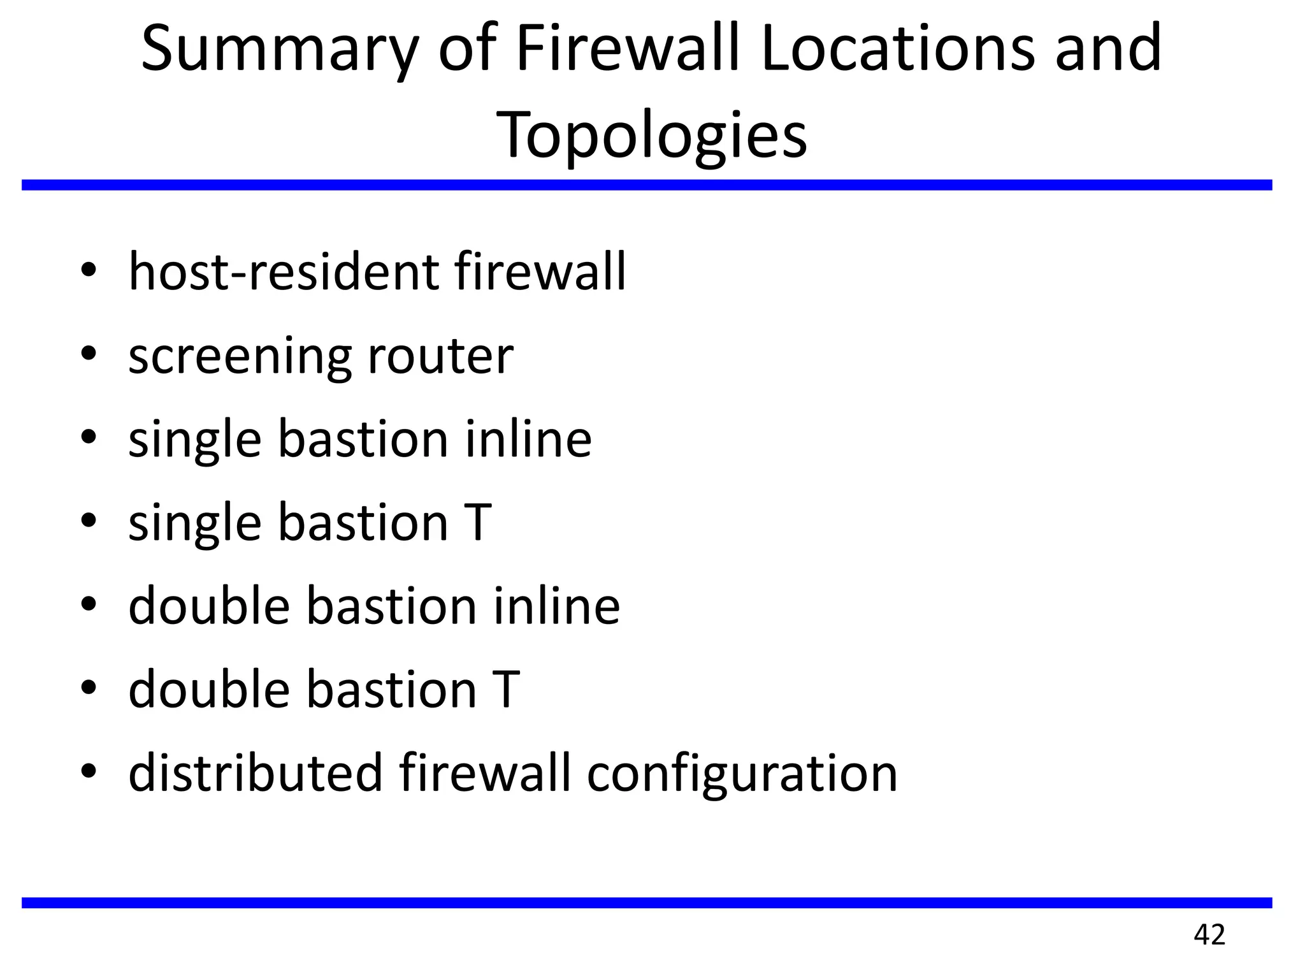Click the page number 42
tap(1209, 935)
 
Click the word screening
tap(240, 357)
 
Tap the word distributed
tap(256, 772)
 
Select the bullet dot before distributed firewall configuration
tap(89, 770)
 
